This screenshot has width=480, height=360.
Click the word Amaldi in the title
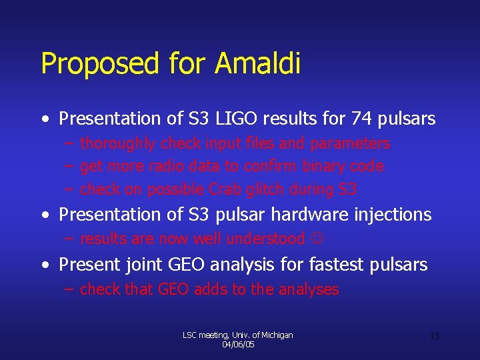[x=257, y=64]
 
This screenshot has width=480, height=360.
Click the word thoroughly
[x=118, y=143]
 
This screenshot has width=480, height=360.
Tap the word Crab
[x=224, y=189]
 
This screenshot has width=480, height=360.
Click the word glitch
[x=265, y=189]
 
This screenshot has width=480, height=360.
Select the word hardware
[x=313, y=215]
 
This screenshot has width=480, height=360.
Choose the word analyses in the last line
[x=309, y=289]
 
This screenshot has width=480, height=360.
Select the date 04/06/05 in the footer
[x=238, y=345]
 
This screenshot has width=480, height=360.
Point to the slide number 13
[x=434, y=337]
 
